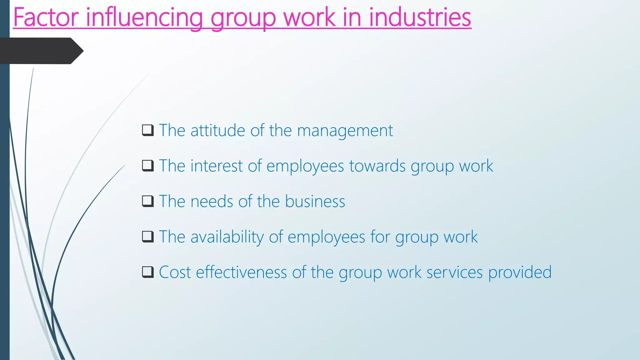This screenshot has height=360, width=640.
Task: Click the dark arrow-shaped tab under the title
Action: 41,51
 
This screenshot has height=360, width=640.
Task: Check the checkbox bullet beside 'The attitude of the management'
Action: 148,130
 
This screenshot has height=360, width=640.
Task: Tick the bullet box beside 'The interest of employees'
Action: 148,166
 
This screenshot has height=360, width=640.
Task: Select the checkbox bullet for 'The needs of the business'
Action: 148,201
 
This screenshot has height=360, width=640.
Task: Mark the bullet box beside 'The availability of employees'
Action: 148,237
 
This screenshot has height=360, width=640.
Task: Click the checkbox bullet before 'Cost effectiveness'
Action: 148,272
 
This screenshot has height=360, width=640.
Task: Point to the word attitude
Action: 217,130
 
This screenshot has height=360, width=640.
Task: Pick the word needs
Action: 212,201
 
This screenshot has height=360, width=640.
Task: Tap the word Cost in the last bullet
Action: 175,272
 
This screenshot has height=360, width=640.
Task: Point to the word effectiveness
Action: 241,272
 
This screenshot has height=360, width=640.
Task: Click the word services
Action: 454,272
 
